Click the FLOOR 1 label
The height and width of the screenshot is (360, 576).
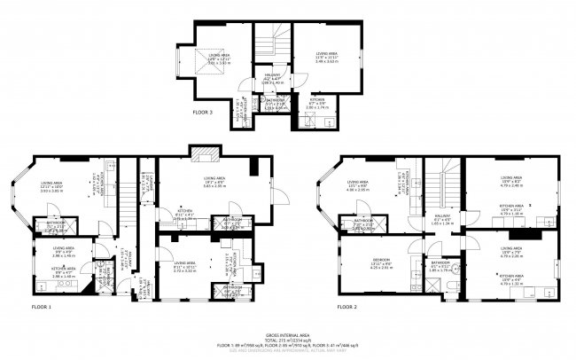click(41, 307)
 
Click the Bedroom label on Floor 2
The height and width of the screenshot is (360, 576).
click(382, 261)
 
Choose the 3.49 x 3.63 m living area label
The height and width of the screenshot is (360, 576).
click(328, 59)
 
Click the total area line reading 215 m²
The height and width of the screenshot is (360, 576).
click(288, 338)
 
